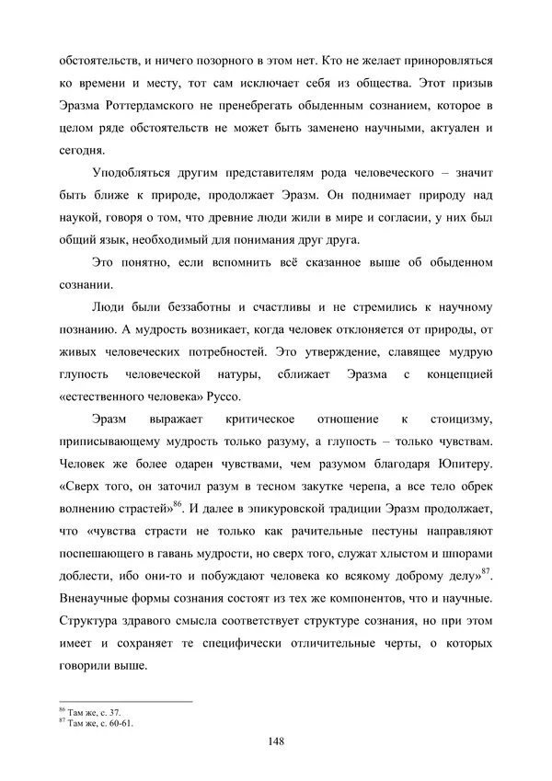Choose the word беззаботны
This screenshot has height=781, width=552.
coord(209,307)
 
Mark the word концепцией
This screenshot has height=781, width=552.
coord(458,374)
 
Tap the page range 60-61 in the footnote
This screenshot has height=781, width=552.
coord(121,722)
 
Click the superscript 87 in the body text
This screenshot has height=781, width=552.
coord(487,573)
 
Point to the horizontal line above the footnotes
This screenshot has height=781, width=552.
coord(125,701)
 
